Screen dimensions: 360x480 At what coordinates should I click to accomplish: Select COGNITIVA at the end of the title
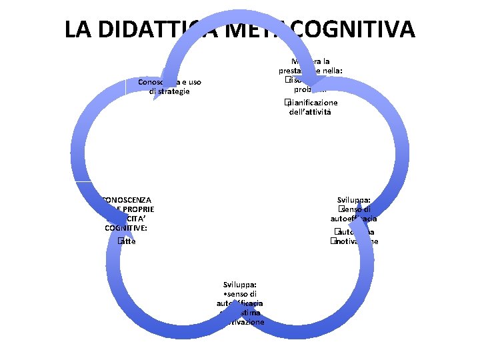(357, 29)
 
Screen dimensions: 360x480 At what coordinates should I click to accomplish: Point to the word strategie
(170, 91)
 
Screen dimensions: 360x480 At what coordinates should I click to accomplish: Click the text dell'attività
(310, 112)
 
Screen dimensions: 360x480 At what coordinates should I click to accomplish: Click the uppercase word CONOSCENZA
(127, 199)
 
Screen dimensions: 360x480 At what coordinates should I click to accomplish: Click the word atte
(129, 241)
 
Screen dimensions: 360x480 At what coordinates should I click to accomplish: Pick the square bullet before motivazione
(331, 241)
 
